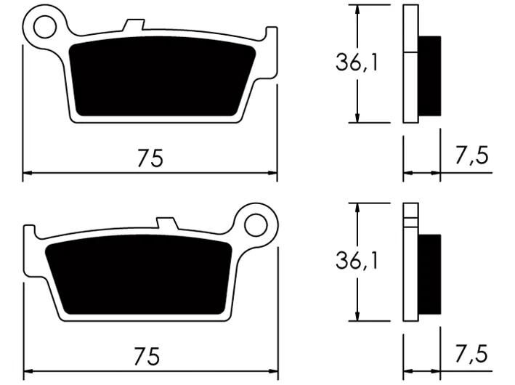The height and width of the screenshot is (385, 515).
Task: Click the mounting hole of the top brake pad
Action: (45, 27)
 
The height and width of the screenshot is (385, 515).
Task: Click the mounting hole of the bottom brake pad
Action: (256, 225)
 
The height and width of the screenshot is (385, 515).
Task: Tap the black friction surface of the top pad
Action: (162, 76)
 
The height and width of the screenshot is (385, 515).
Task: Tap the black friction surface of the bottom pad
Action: (139, 275)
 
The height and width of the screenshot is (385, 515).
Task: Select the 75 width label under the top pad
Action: (150, 158)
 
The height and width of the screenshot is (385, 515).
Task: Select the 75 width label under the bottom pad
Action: (147, 356)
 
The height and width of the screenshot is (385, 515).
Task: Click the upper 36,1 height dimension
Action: (357, 62)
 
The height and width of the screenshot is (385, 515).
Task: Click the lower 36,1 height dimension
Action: (357, 261)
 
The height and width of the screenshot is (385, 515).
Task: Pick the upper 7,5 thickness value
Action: (471, 155)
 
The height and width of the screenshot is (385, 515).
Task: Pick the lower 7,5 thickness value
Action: (471, 354)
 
